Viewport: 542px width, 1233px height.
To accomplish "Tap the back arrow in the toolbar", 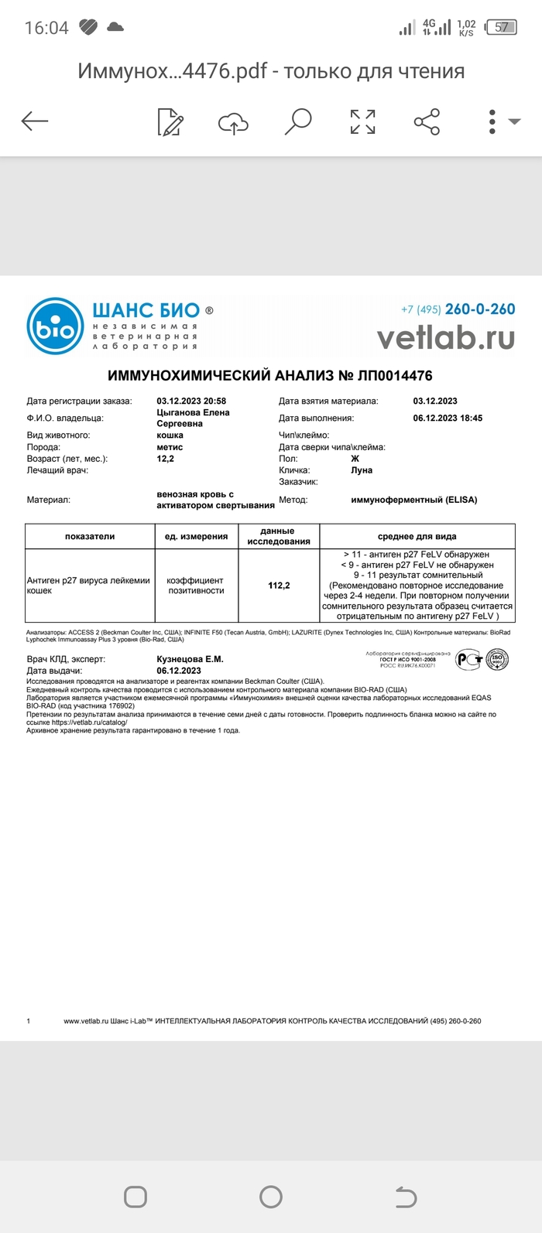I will pos(35,121).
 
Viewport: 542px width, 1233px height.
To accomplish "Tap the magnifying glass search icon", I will pos(297,121).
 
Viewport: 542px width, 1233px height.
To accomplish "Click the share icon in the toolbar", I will pos(427,121).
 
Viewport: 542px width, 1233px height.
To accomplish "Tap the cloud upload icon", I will pos(233,122).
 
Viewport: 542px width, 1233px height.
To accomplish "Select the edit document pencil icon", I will pos(170,122).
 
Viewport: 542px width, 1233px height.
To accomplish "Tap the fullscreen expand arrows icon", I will pos(362,121).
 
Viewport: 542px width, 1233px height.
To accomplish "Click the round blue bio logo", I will pos(55,326).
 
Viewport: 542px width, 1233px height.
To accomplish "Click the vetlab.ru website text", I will pos(445,337).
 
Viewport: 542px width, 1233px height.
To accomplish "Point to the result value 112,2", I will pos(279,586).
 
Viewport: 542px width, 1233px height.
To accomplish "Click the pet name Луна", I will pos(362,470).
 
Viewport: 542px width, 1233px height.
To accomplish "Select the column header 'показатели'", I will pos(90,536).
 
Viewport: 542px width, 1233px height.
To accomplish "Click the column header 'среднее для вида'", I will pos(417,536).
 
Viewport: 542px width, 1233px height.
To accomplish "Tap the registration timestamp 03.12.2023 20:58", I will pos(191,401).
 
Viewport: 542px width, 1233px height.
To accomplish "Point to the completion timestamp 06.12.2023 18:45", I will pos(448,418).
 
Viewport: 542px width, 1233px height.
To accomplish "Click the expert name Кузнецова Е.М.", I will pos(190,659).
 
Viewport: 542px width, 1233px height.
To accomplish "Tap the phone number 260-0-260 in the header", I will pos(479,309).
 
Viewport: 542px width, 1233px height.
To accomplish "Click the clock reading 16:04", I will pos(46,28).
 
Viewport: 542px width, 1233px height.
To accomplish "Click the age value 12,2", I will pos(165,459).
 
